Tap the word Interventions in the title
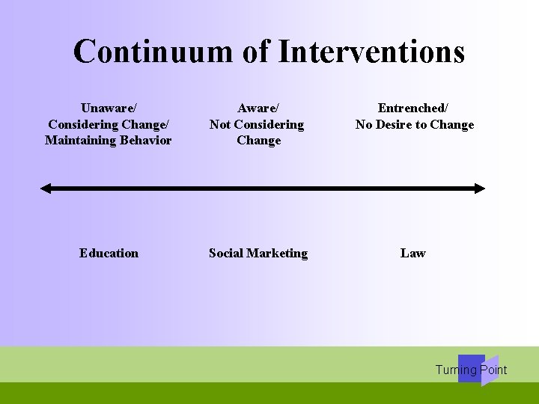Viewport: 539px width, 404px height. click(x=371, y=52)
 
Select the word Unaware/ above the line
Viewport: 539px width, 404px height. click(x=108, y=108)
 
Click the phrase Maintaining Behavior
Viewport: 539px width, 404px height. click(x=108, y=140)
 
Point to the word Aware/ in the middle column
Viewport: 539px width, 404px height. click(x=257, y=108)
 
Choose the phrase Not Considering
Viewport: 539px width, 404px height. click(x=257, y=124)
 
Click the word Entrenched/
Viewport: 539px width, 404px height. click(x=413, y=108)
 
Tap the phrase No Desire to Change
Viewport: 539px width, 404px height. click(x=415, y=124)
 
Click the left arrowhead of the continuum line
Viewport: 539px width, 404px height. click(x=45, y=189)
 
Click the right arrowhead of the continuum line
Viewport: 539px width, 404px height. click(x=480, y=189)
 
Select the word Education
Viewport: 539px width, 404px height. click(x=109, y=253)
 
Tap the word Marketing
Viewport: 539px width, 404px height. click(x=279, y=253)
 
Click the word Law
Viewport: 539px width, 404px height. click(x=412, y=253)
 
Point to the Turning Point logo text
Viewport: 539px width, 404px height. click(x=471, y=370)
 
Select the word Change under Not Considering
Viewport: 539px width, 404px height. click(x=258, y=140)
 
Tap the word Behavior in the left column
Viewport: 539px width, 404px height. click(x=144, y=140)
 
